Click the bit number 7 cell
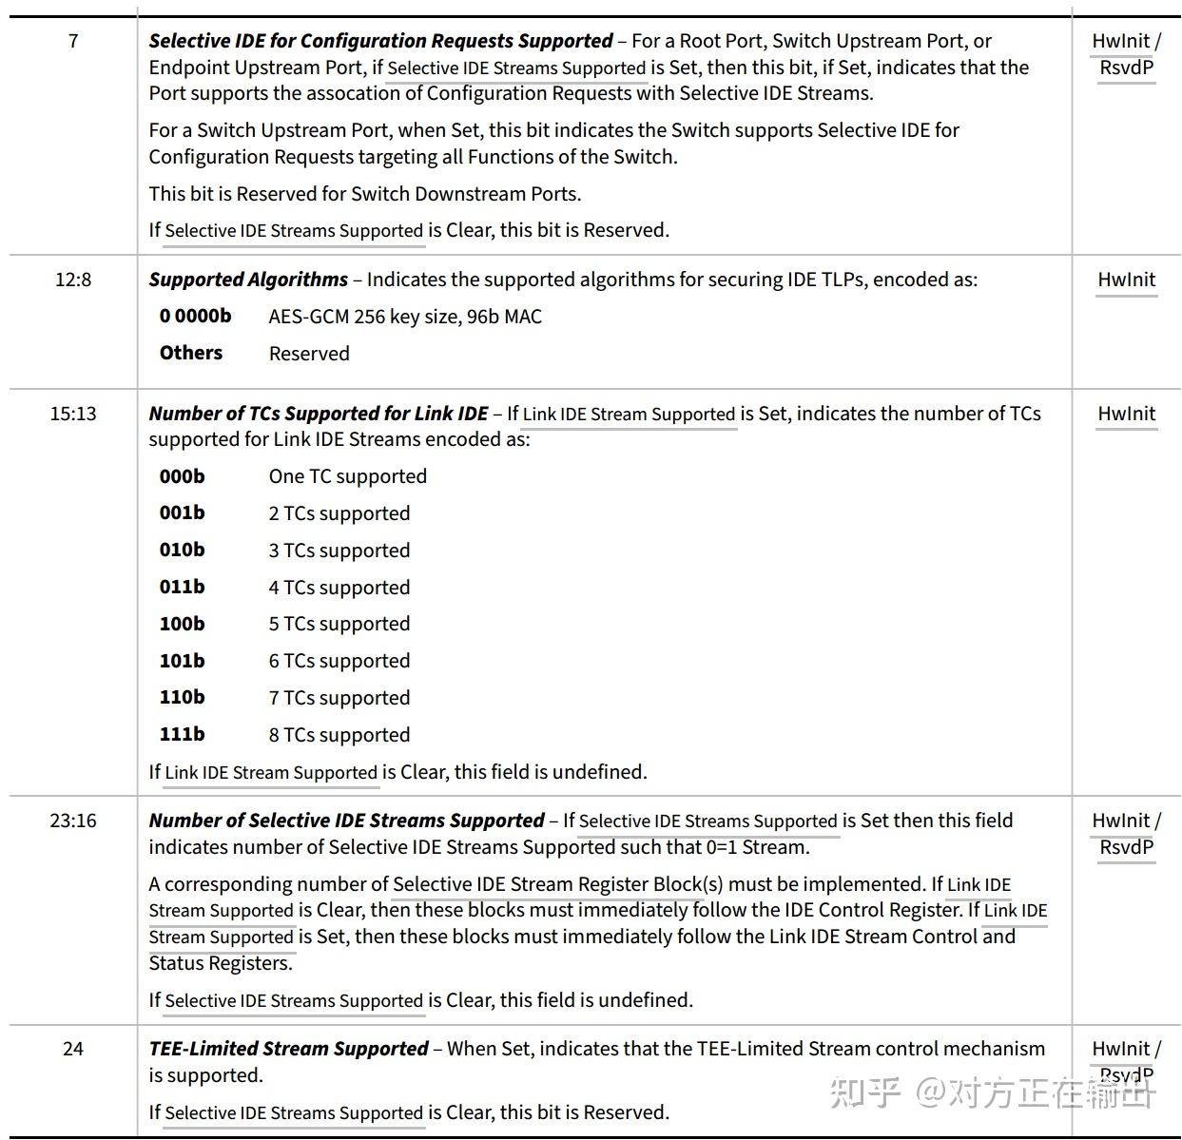pyautogui.click(x=73, y=41)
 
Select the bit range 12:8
pyautogui.click(x=73, y=280)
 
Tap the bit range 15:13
pyautogui.click(x=73, y=414)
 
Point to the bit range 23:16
pyautogui.click(x=73, y=821)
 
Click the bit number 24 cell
pyautogui.click(x=73, y=1049)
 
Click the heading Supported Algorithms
pyautogui.click(x=248, y=280)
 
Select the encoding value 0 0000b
pyautogui.click(x=195, y=316)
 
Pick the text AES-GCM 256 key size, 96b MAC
pyautogui.click(x=405, y=317)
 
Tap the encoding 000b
pyautogui.click(x=182, y=476)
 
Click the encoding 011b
pyautogui.click(x=182, y=587)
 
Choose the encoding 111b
pyautogui.click(x=182, y=734)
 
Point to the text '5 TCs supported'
pyautogui.click(x=339, y=624)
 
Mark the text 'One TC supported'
pyautogui.click(x=347, y=476)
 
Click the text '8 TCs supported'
pyautogui.click(x=339, y=735)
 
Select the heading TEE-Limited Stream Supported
pyautogui.click(x=288, y=1049)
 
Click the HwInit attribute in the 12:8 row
pyautogui.click(x=1126, y=280)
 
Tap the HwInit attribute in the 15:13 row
pyautogui.click(x=1126, y=414)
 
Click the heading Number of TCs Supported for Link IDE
pyautogui.click(x=318, y=414)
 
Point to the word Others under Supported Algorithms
pyautogui.click(x=190, y=353)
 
